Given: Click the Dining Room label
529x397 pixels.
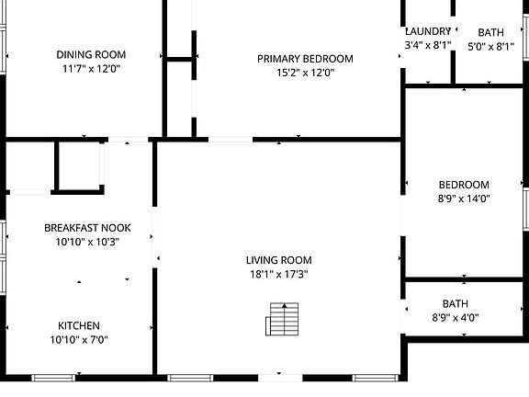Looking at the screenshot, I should [x=91, y=54].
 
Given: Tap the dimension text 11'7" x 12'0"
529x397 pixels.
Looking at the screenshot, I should [x=91, y=68].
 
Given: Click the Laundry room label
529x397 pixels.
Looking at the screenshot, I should [x=428, y=31].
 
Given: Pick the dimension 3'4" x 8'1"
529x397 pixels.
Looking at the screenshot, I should [x=428, y=45].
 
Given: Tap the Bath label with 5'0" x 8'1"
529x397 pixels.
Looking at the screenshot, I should [x=490, y=32].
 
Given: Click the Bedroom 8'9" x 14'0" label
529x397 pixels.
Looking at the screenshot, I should [x=464, y=184].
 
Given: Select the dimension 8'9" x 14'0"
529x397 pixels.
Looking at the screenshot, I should [x=464, y=198].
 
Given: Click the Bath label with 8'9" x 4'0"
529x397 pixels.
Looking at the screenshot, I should [x=455, y=303].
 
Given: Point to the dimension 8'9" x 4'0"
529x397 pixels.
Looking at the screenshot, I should [x=455, y=318].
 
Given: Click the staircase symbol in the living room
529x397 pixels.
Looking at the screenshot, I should [x=282, y=320].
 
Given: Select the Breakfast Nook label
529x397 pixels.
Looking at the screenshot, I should [x=87, y=227].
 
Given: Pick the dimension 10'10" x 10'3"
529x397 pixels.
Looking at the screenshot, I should [x=87, y=241].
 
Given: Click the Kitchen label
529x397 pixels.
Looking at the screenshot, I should [x=79, y=325].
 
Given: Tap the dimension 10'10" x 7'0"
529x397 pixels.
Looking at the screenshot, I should [x=79, y=340].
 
